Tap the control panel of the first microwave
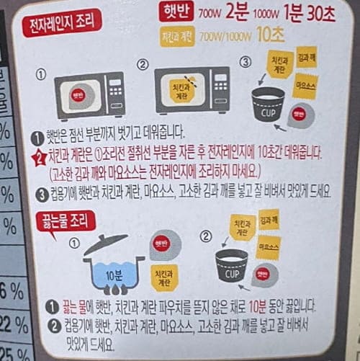[114, 94]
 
